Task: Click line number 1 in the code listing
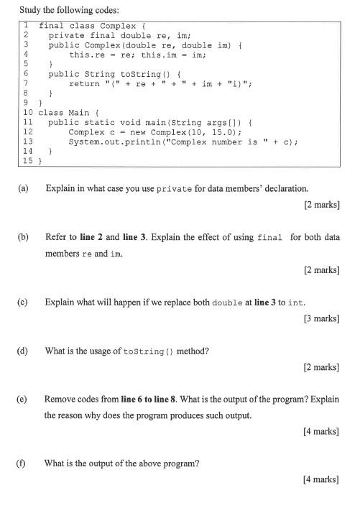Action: (x=26, y=24)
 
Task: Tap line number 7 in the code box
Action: (x=26, y=83)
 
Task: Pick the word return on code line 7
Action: (x=83, y=83)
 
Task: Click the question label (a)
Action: (x=24, y=188)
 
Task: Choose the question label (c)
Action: (x=24, y=302)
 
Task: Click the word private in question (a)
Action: (x=175, y=189)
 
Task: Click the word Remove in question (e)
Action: (x=60, y=399)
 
